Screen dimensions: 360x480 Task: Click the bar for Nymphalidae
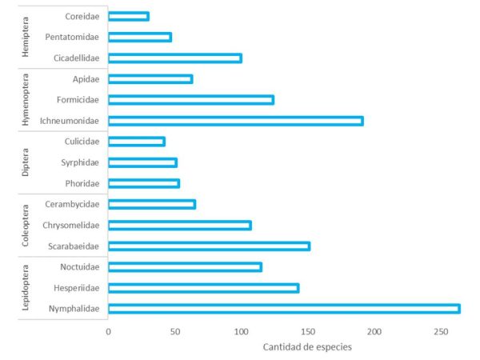click(283, 309)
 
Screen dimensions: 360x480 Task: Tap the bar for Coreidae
click(128, 16)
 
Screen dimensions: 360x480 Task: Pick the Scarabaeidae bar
click(209, 246)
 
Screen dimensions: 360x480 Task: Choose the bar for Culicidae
click(136, 142)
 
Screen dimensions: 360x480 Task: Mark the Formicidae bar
click(190, 100)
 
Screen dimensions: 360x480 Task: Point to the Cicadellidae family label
click(76, 58)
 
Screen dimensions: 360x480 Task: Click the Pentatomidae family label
click(73, 38)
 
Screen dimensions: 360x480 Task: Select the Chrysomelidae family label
click(72, 226)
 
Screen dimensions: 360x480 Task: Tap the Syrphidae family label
click(80, 162)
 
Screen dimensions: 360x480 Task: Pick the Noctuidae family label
click(79, 267)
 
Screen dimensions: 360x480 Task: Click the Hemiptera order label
click(26, 37)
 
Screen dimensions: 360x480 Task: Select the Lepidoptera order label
click(26, 288)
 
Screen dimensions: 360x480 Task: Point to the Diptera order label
click(26, 162)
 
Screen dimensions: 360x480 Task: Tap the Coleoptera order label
click(26, 226)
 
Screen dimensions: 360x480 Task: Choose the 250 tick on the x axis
click(441, 330)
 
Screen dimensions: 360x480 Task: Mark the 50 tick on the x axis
click(174, 330)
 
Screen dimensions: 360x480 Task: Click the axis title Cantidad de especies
click(306, 347)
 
